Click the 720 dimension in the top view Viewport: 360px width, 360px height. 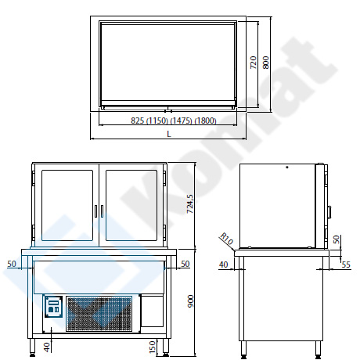[254, 63]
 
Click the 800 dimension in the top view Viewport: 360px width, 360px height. [265, 63]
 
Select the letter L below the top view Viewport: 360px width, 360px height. [169, 134]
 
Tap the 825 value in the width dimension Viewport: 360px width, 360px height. [138, 121]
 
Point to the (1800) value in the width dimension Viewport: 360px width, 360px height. [206, 121]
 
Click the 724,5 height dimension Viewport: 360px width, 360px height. [191, 204]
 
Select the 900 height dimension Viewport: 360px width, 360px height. [191, 301]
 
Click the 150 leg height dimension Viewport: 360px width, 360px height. [152, 347]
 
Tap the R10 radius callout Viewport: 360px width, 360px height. [226, 239]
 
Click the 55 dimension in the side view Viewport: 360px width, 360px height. [346, 265]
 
